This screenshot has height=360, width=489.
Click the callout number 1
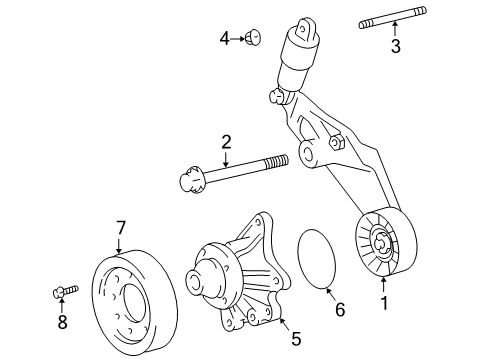(x=382, y=299)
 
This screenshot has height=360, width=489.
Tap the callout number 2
(x=227, y=143)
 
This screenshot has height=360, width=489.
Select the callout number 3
(x=395, y=47)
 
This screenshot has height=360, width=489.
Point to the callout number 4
(x=225, y=38)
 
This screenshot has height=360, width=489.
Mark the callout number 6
(x=339, y=310)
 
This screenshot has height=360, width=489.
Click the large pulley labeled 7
(x=130, y=299)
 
